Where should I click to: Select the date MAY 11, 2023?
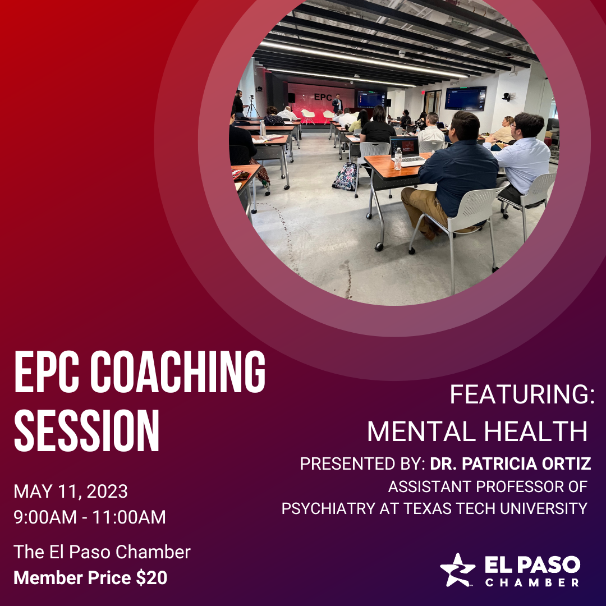71,492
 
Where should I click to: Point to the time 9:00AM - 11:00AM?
90,517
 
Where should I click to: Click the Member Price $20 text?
90,577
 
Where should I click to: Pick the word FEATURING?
522,395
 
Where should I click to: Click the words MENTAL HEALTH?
477,431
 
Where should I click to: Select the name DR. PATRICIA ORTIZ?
511,464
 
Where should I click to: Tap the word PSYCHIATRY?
327,508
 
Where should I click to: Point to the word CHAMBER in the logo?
532,582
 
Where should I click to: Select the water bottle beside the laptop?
398,159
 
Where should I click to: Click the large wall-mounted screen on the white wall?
465,98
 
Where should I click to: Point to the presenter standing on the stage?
337,103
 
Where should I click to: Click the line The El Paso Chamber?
102,552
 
